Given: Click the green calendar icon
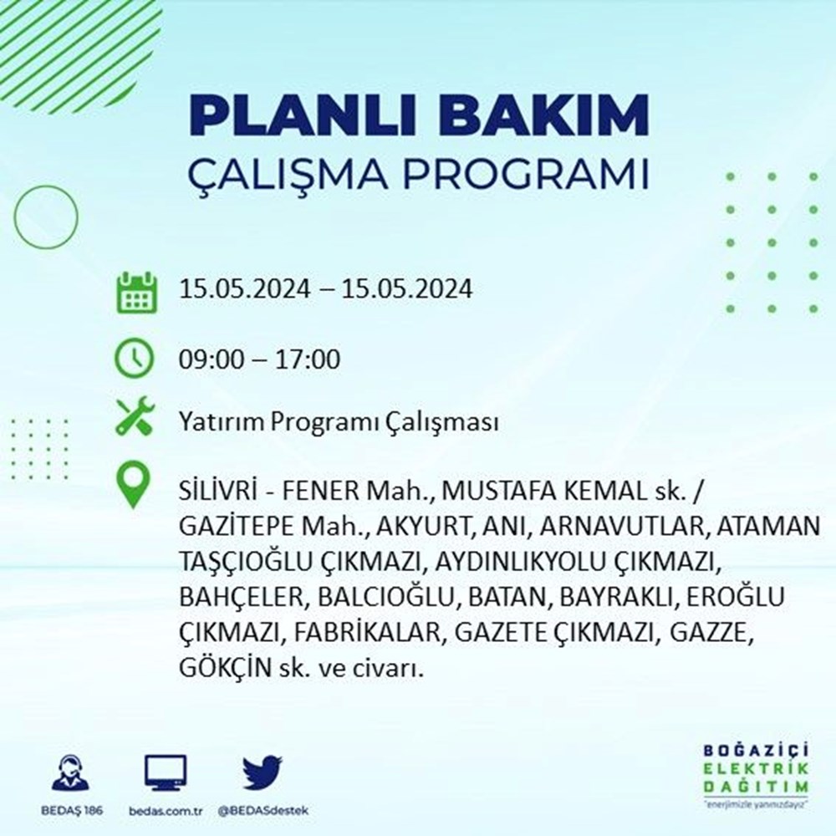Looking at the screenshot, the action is [x=136, y=292].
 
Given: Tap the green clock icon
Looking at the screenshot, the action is [x=135, y=358].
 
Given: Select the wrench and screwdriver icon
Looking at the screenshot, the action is [x=135, y=416].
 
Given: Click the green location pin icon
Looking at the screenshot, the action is [x=133, y=484].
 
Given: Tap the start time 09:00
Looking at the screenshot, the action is [x=210, y=359].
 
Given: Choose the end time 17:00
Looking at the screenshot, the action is [x=308, y=359].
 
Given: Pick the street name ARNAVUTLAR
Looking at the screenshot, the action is [x=624, y=526].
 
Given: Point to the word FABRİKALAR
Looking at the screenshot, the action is [x=368, y=633].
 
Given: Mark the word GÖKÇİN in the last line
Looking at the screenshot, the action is [x=226, y=669].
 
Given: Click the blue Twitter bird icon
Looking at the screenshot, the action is [x=263, y=772].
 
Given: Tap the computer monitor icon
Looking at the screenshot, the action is [x=166, y=772].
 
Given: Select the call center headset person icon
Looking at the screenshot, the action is [x=71, y=772].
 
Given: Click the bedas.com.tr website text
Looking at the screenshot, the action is [x=166, y=811].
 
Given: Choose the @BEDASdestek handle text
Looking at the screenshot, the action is [x=263, y=811].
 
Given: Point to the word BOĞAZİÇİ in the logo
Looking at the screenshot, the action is [x=756, y=751].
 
